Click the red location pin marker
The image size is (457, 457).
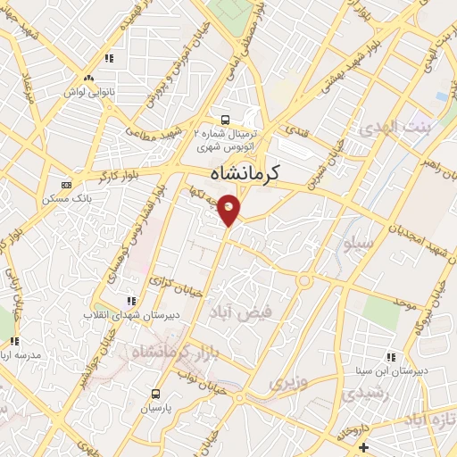click(229, 209)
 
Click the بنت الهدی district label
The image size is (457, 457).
click(394, 129)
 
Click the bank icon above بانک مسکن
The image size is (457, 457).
click(65, 185)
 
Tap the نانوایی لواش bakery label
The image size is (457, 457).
click(87, 92)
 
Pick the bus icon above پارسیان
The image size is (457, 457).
click(156, 394)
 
